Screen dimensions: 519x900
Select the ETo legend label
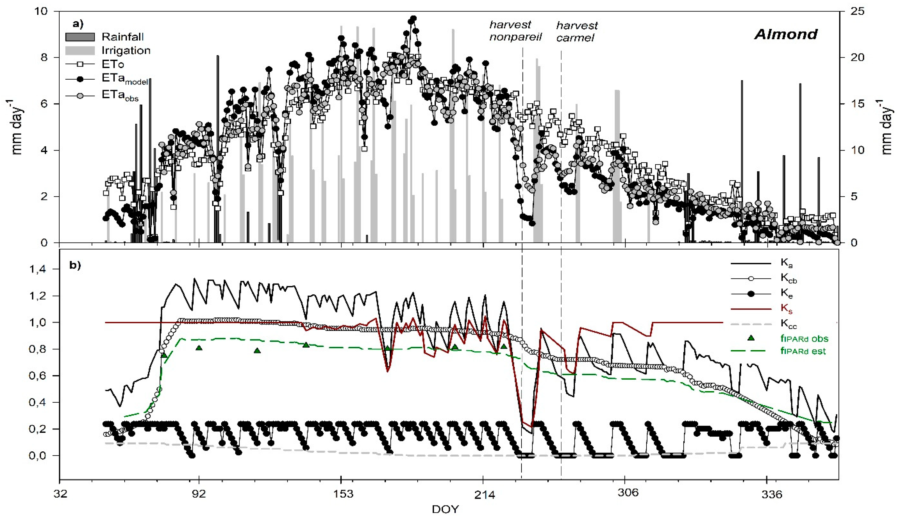click(113, 65)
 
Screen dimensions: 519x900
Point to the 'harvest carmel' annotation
click(576, 31)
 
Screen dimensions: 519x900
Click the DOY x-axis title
click(445, 509)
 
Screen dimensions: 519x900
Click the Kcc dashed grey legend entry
click(788, 324)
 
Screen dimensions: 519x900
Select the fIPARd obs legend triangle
click(751, 338)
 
